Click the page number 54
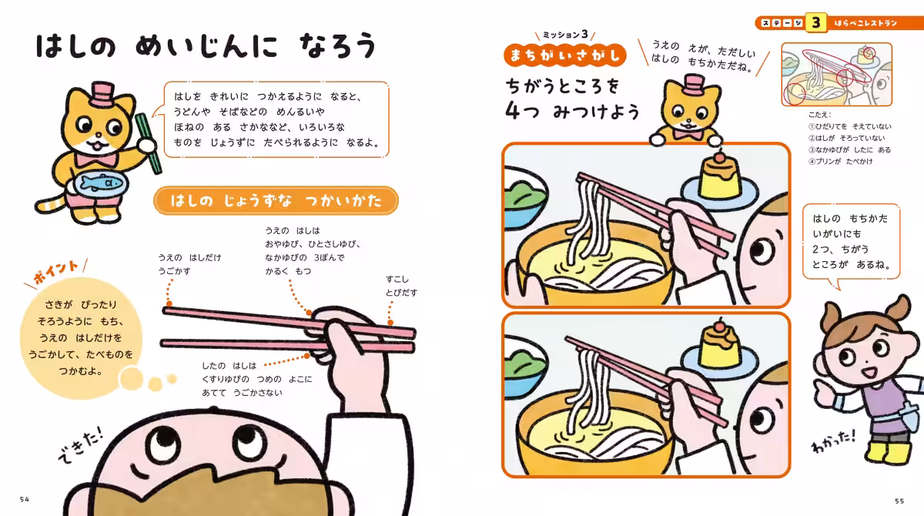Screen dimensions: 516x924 (x=25, y=500)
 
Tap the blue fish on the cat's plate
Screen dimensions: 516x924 (x=96, y=183)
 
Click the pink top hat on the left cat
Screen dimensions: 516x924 (x=102, y=94)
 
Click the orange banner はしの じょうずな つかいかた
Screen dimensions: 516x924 (x=276, y=202)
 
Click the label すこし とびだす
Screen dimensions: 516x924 (x=401, y=286)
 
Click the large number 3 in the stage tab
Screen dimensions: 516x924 (x=815, y=22)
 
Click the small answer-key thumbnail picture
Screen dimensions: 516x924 (x=836, y=74)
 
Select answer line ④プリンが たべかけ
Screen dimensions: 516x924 (x=840, y=161)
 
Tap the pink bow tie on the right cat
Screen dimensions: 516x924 (x=687, y=133)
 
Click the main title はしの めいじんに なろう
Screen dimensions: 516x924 (x=206, y=47)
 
